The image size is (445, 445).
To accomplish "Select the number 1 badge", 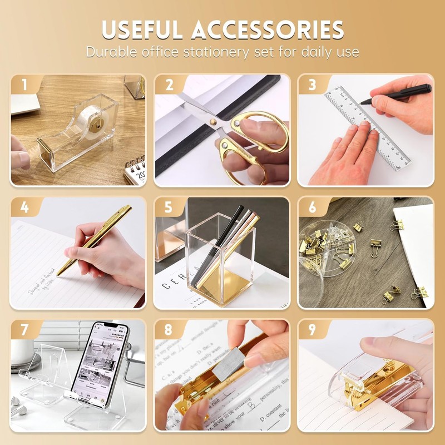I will tap(24, 85).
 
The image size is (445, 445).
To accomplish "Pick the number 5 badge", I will tap(168, 207).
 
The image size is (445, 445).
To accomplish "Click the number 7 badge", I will tap(24, 330).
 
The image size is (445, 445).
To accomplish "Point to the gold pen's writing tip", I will tap(58, 274).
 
